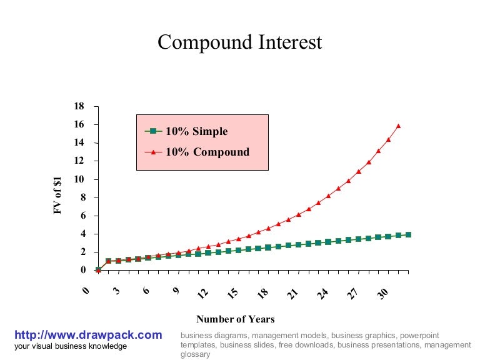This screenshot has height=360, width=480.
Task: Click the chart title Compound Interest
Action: [240, 42]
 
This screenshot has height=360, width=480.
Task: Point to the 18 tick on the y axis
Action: [79, 106]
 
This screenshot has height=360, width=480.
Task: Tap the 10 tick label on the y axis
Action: [79, 179]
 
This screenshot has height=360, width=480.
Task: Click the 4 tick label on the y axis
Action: [81, 234]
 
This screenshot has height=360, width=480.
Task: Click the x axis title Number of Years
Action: [236, 319]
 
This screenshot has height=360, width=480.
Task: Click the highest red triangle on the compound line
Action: [398, 126]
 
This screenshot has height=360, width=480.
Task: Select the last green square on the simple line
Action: [408, 234]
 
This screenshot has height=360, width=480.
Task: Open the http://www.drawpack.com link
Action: [87, 335]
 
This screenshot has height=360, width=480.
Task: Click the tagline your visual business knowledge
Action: [70, 346]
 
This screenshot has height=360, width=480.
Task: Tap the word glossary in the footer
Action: [195, 354]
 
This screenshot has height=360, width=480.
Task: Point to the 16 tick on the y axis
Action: [79, 124]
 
